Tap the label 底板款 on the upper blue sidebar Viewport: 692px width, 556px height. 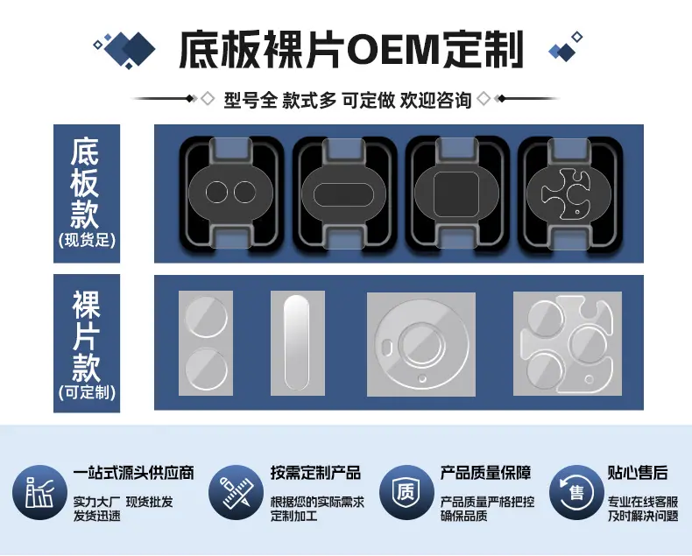tap(86, 183)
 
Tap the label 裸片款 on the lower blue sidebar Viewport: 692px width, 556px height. tap(86, 335)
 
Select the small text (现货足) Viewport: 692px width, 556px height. tap(87, 241)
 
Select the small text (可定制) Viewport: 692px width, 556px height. tap(87, 392)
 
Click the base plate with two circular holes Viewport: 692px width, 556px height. tap(230, 193)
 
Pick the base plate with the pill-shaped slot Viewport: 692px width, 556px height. tap(343, 194)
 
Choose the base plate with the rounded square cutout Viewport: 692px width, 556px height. tap(456, 194)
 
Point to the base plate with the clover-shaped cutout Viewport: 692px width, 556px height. tap(569, 194)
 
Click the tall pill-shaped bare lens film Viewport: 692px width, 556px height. tap(296, 343)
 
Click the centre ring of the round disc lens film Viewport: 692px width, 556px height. tap(421, 345)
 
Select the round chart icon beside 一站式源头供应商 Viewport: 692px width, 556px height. tap(39, 492)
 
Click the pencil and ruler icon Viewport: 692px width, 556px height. tap(236, 492)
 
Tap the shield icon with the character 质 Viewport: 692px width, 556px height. tap(406, 492)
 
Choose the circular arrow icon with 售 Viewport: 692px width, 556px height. tap(576, 492)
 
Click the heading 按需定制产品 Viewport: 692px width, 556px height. tap(316, 473)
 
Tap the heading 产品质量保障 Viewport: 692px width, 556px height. tap(485, 473)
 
